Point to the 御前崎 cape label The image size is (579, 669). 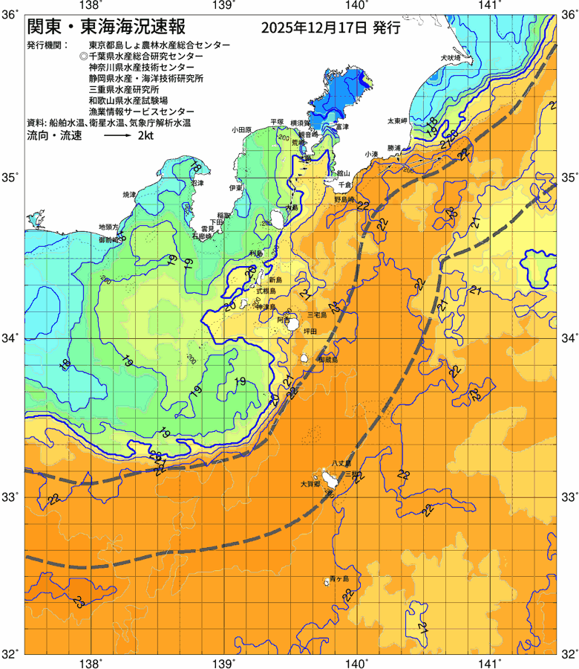109,240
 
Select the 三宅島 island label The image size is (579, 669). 327,315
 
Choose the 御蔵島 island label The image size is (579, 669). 327,359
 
